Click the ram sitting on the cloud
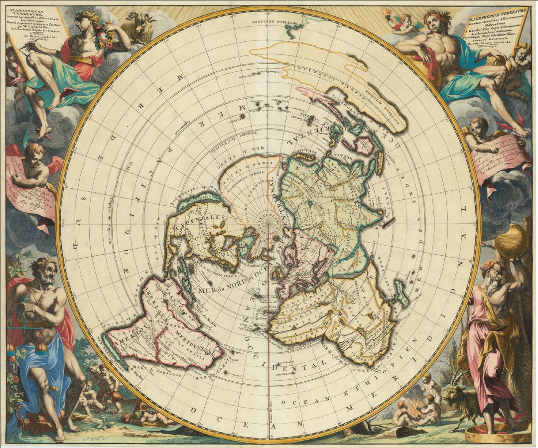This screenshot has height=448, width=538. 138,27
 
